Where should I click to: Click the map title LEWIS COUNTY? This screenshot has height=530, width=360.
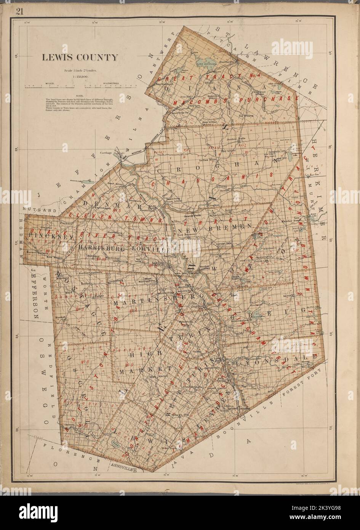click(x=80, y=58)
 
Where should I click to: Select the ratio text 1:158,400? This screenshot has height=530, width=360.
click(x=80, y=76)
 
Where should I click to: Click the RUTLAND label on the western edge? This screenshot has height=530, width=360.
click(x=34, y=210)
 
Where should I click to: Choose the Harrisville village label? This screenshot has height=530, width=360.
click(x=227, y=61)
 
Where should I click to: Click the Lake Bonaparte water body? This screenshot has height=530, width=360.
click(x=206, y=61)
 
